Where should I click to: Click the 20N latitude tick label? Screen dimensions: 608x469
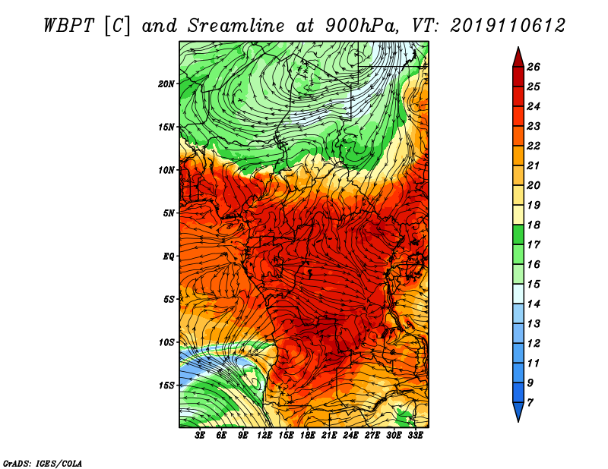166,83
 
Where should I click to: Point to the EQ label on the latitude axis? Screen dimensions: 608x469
169,256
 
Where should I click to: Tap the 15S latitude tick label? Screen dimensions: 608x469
166,386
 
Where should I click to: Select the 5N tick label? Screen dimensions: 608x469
169,213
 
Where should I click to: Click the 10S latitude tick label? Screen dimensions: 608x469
166,342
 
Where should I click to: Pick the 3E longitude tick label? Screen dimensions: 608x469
200,436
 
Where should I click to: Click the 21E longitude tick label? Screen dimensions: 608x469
329,436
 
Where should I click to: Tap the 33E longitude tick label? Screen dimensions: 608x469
415,436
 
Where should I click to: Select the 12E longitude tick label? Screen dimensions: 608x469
264,436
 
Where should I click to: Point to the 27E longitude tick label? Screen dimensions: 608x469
372,436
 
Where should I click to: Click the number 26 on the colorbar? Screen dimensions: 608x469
534,67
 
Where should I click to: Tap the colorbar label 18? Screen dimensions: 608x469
534,225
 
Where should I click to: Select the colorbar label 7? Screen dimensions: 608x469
530,403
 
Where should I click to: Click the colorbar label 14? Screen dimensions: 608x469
534,304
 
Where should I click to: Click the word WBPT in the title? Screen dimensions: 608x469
68,26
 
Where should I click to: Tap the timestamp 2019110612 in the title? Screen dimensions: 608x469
508,26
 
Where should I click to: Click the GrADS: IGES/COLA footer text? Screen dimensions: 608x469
43,463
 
